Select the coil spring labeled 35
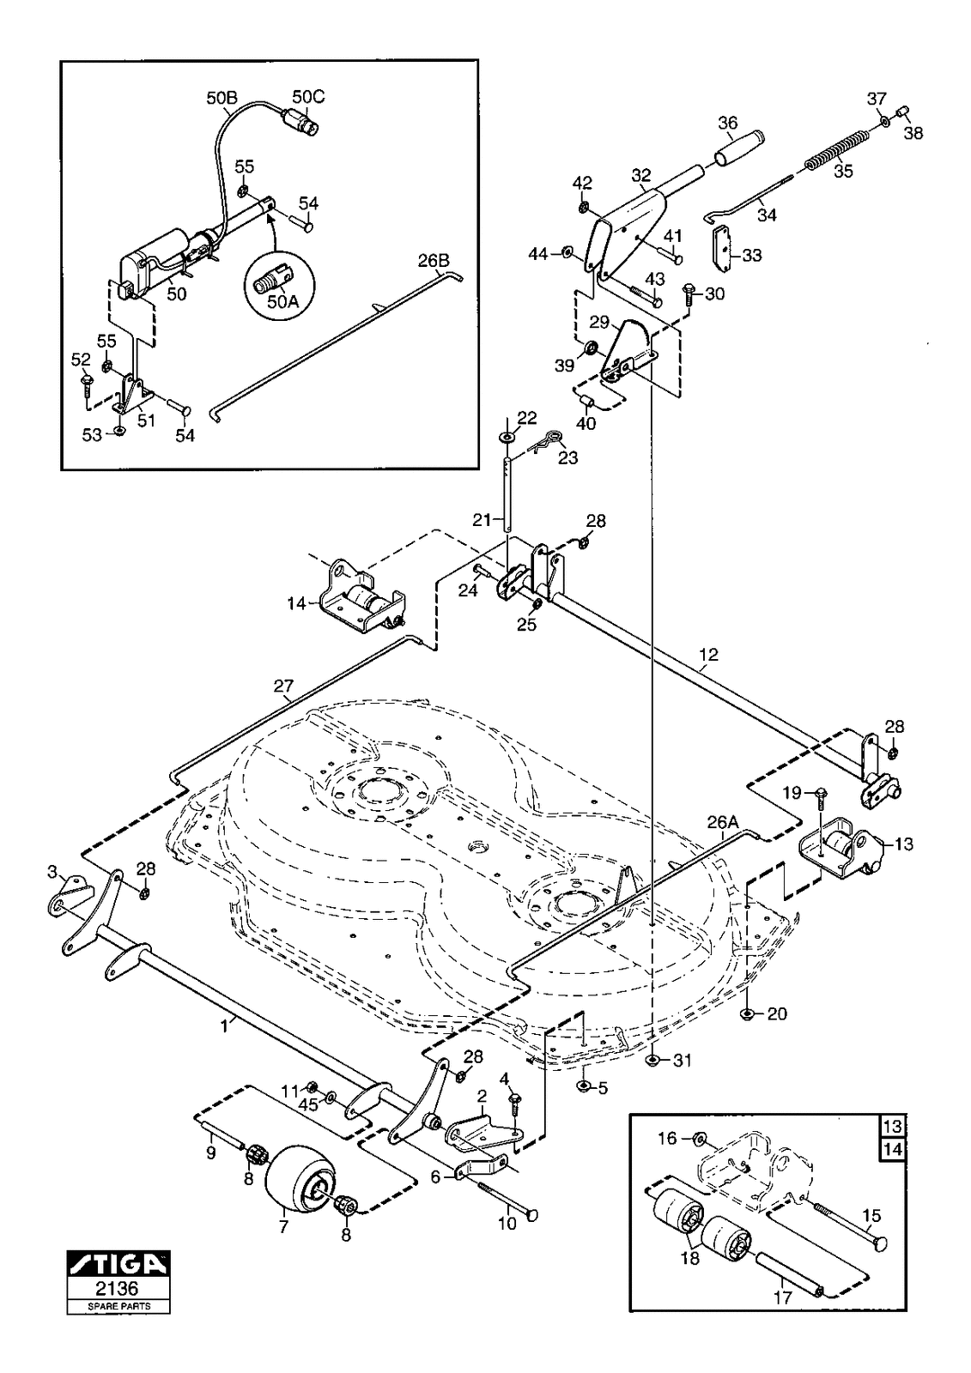[836, 149]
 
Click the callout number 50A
[279, 301]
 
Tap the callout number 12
[708, 654]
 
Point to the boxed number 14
[893, 1149]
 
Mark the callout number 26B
[434, 261]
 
